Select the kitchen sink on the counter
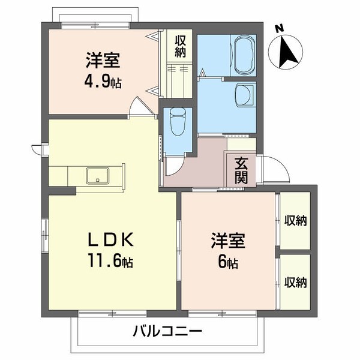tap(96, 176)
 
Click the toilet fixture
tap(178, 122)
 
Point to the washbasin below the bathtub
tap(245, 94)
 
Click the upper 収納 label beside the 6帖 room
tap(295, 220)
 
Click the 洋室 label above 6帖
tap(227, 241)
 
